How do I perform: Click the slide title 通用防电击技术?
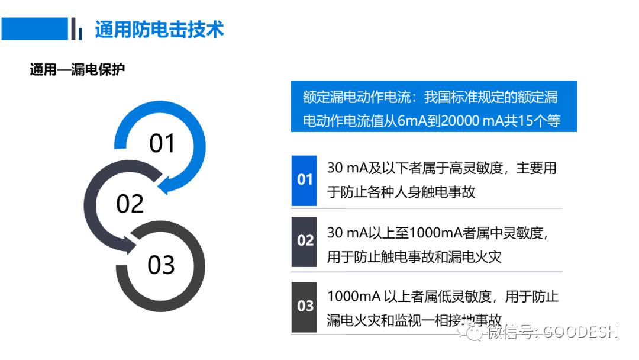159,29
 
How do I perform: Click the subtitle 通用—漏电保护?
77,70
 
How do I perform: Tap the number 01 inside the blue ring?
162,143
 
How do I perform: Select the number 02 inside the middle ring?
130,204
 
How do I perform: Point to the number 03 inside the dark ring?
161,265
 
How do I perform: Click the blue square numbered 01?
304,180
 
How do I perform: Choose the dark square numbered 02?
304,242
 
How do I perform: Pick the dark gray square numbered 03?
304,306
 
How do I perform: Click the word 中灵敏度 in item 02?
514,233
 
